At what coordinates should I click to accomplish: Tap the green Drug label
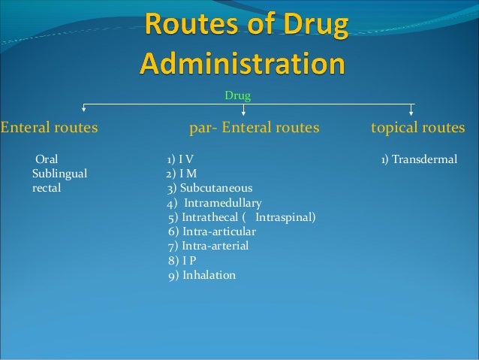click(x=238, y=96)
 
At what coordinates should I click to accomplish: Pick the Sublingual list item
click(x=59, y=174)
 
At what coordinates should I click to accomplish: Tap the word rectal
click(x=47, y=188)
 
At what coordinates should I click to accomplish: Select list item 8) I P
click(x=182, y=261)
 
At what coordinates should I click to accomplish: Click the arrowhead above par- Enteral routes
click(x=243, y=114)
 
